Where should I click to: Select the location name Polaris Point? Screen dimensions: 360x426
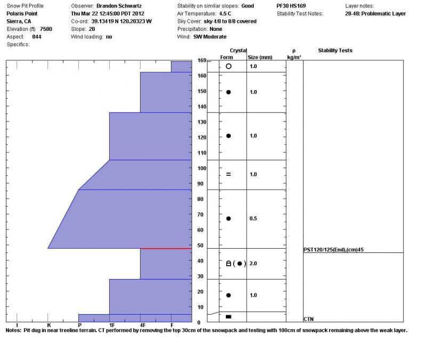coord(26,13)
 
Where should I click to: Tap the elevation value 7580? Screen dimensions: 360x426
coord(46,29)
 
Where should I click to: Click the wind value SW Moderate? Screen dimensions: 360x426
coord(210,37)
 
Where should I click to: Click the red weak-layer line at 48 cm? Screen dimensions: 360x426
coord(166,248)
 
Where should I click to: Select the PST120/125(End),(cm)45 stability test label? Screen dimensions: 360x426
coord(333,249)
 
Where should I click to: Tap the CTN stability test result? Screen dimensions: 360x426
coord(308,318)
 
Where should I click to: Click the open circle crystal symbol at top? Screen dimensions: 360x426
coord(228,66)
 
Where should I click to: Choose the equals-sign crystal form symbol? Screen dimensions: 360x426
coord(228,174)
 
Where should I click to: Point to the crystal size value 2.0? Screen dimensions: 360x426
coord(253,263)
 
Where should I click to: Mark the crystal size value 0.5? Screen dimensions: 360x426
coord(253,218)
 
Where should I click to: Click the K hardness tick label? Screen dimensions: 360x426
coord(48,325)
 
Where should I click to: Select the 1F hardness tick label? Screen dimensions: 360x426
coord(112,325)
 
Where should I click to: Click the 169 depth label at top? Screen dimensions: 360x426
coord(202,61)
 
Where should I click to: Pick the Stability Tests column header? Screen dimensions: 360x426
coord(335,51)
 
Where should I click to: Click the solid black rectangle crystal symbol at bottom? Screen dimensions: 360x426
coord(228,317)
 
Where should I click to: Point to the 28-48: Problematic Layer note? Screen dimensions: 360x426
coord(375,13)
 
